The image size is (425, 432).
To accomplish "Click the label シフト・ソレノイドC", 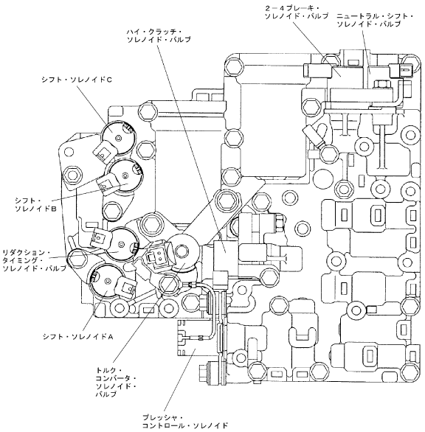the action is click(77, 80).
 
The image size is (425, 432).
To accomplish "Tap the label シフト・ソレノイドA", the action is click(78, 336).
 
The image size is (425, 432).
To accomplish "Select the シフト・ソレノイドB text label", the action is click(36, 204).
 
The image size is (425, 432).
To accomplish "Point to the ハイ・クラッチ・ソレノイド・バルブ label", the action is click(159, 36).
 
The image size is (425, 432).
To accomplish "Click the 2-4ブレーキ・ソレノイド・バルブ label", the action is click(297, 13).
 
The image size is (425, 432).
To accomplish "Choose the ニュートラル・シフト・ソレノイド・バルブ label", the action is click(375, 20).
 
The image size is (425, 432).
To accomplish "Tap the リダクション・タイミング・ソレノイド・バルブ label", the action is click(35, 260).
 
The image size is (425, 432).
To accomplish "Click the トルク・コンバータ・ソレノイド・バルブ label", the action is click(116, 382).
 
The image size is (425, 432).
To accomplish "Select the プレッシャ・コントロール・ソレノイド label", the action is click(185, 421).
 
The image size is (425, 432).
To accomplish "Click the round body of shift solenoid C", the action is click(118, 137).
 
